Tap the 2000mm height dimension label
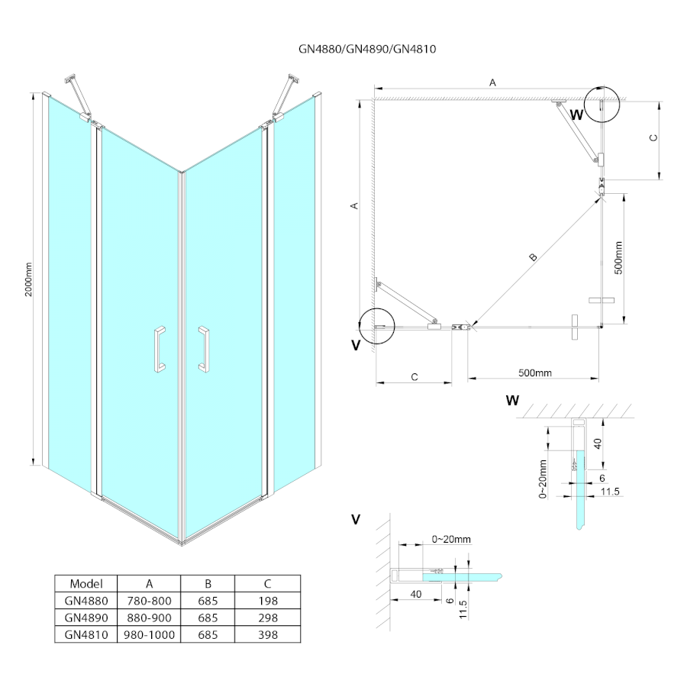[28, 279]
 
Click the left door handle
[158, 350]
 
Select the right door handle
[204, 350]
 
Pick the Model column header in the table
[85, 582]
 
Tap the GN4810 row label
[85, 634]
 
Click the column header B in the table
[208, 582]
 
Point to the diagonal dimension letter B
[533, 257]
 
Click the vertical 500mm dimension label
[618, 258]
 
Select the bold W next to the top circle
[576, 115]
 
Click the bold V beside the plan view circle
[356, 345]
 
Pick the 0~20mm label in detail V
[451, 539]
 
